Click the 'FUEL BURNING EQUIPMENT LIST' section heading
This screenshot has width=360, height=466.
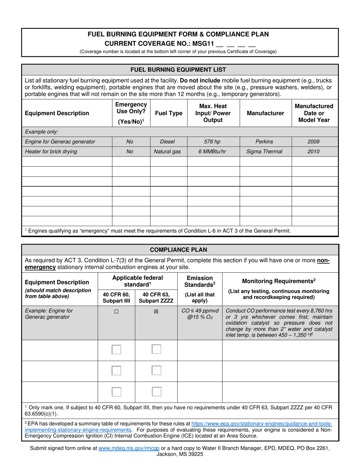(178, 70)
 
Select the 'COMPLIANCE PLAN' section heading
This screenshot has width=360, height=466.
(178, 250)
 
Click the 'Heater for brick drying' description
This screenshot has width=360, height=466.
(51, 152)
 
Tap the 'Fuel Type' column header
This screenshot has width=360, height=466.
(169, 113)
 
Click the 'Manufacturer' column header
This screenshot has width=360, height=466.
(265, 113)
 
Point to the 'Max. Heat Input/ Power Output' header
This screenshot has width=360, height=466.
(213, 113)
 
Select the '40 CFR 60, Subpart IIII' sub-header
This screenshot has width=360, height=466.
(116, 297)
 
